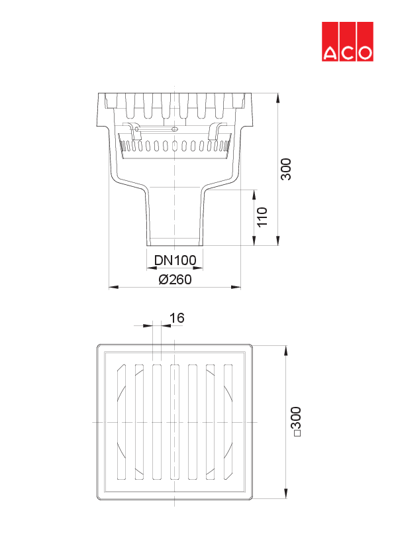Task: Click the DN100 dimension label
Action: click(x=174, y=260)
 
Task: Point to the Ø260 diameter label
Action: click(x=175, y=280)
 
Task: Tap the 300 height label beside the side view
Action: click(x=285, y=170)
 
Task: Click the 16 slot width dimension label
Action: click(x=176, y=319)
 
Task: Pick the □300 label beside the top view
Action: click(x=296, y=421)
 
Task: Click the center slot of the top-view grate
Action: click(x=175, y=421)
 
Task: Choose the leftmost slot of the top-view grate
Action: click(x=121, y=421)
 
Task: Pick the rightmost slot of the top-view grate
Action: click(x=228, y=421)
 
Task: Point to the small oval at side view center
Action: click(x=175, y=129)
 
